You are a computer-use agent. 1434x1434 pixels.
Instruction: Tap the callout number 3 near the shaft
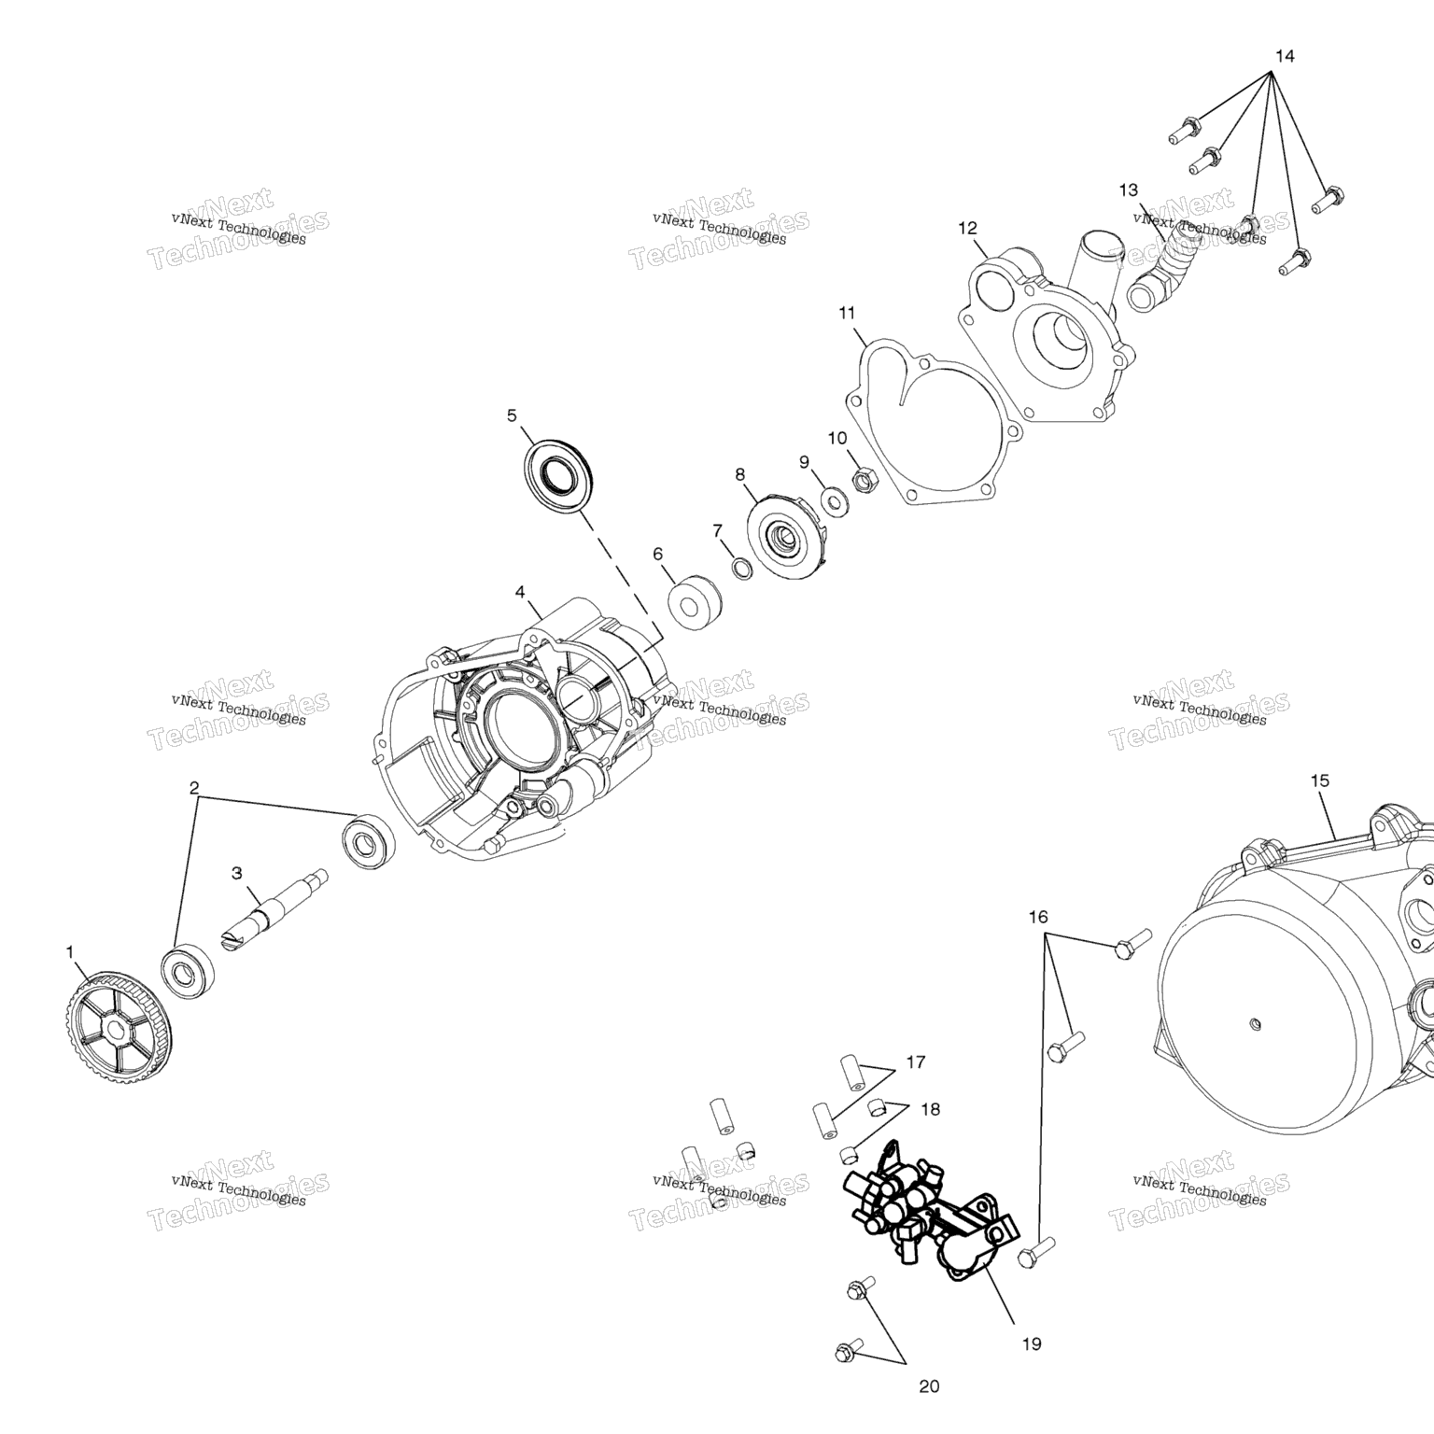point(237,873)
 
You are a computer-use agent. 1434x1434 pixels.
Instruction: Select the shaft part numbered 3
point(274,912)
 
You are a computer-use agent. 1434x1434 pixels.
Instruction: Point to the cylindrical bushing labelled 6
point(696,603)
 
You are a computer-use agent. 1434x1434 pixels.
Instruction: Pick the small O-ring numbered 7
point(741,568)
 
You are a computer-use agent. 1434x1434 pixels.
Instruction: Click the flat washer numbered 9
point(835,500)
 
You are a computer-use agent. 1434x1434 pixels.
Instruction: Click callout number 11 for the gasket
point(847,313)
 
